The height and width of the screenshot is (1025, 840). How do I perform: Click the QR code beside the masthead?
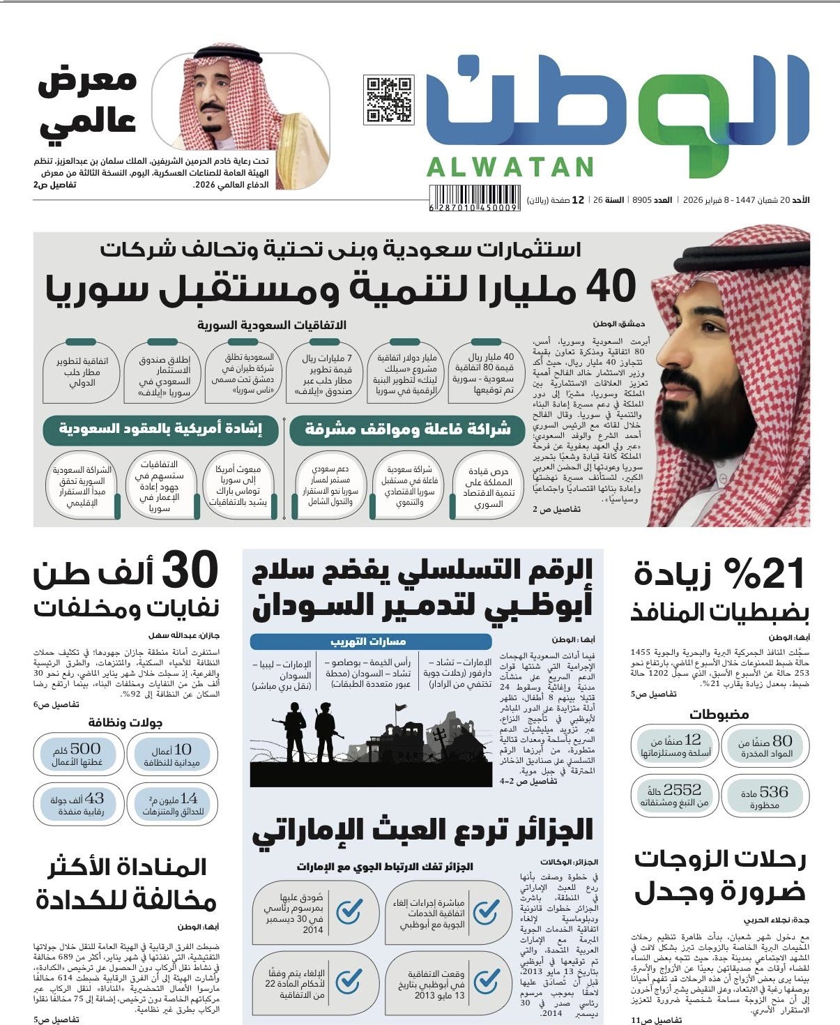[388, 100]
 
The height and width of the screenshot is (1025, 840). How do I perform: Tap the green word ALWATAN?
[510, 167]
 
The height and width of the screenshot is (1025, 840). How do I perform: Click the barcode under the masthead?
[474, 208]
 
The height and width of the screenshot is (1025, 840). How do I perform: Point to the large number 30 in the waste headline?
[190, 572]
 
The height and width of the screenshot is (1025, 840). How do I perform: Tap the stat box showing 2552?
[674, 796]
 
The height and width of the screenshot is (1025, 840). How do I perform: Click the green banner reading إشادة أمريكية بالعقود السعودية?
[160, 430]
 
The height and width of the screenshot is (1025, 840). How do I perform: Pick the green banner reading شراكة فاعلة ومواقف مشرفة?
[408, 430]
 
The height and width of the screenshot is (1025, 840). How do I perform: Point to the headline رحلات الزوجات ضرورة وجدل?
[720, 876]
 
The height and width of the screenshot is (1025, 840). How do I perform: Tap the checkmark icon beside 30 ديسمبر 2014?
[349, 911]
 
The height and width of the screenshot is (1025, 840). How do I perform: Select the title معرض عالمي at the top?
[87, 101]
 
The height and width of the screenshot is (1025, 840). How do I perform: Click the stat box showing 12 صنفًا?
[674, 745]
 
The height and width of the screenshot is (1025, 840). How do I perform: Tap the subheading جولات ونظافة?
[125, 722]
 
